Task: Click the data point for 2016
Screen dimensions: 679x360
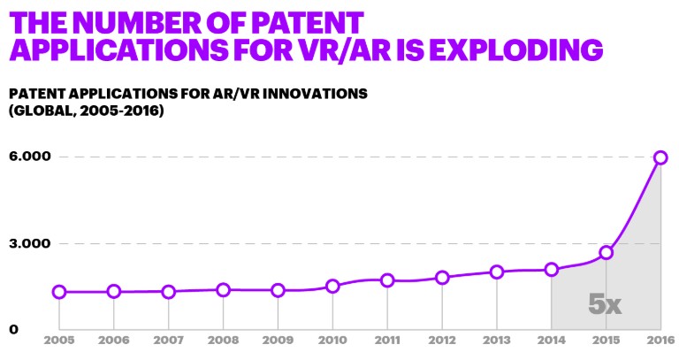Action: click(660, 157)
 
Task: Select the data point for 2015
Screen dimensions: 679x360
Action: click(607, 253)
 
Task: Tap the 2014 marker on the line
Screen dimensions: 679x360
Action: click(552, 270)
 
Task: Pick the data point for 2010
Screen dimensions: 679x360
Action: click(332, 286)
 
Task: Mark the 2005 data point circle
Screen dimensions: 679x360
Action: click(59, 292)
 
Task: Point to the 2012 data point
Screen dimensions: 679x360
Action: click(442, 277)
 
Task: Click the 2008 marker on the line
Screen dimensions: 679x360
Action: click(223, 290)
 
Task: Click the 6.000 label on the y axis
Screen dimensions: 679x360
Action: click(30, 157)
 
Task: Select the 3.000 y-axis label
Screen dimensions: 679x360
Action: click(30, 243)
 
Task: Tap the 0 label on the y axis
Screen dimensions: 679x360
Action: click(14, 329)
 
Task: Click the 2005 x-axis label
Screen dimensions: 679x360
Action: click(59, 341)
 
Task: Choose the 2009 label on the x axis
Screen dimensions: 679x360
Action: click(278, 341)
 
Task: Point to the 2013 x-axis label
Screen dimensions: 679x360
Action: click(497, 341)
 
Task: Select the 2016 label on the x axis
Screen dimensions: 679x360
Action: click(660, 341)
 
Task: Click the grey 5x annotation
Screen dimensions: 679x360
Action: click(605, 304)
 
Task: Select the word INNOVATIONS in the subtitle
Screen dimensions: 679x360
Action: click(315, 94)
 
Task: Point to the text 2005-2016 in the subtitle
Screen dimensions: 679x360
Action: click(122, 111)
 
